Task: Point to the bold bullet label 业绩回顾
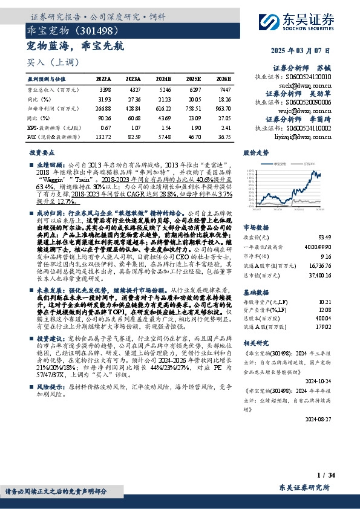click(50, 164)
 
